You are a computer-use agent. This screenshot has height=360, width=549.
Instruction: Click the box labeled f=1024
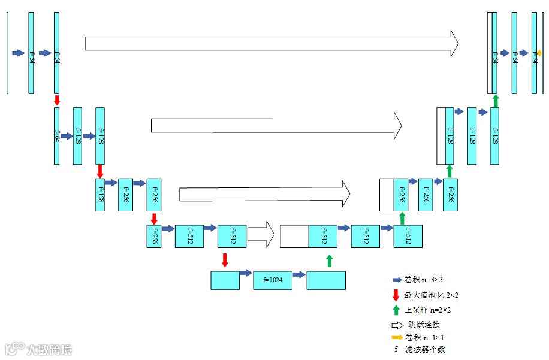(273, 280)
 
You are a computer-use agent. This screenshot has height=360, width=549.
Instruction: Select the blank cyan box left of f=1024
(225, 280)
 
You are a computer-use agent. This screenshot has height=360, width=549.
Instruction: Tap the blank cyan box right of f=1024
(326, 280)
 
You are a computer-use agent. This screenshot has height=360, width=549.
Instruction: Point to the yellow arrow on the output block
(539, 53)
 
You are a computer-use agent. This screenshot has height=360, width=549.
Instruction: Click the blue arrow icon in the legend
(396, 280)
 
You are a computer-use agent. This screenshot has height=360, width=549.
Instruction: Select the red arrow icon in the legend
(396, 295)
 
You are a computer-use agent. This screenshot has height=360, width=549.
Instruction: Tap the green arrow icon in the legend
(396, 310)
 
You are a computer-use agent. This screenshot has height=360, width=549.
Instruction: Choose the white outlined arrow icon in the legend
(397, 325)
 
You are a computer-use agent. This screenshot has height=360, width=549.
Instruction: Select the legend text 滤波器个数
(425, 350)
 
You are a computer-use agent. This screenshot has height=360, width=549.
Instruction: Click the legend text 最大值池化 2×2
(431, 295)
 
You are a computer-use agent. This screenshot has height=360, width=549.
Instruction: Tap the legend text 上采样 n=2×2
(427, 310)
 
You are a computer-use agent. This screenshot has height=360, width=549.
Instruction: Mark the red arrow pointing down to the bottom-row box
(225, 259)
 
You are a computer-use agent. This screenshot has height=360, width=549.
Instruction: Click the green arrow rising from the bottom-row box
(329, 261)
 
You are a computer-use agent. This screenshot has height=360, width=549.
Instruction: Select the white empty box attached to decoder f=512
(294, 236)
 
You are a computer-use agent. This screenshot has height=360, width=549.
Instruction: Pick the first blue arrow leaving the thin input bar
(19, 53)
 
